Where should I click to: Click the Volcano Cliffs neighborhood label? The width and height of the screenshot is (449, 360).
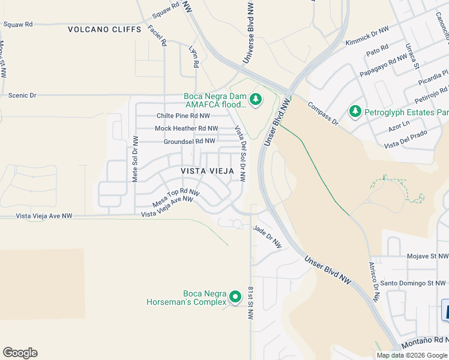coord(104,29)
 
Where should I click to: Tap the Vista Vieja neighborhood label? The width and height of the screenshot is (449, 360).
coord(207,171)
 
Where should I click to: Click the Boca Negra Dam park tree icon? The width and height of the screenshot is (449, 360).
coord(256,99)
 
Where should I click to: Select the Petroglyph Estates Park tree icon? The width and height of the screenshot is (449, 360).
coord(355,112)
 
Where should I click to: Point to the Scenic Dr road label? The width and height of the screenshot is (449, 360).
coord(22,95)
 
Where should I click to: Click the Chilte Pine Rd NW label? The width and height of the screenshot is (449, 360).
coord(183,116)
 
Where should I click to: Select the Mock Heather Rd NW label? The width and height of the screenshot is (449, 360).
coord(186,128)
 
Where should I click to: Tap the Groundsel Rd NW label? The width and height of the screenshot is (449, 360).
coord(189,142)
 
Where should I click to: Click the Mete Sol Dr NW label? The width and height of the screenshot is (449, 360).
coord(135,159)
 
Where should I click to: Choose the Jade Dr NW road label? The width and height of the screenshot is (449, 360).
coord(267,236)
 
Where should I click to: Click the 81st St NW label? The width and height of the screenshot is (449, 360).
coord(250,303)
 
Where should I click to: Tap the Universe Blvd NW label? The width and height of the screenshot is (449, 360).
coord(248,33)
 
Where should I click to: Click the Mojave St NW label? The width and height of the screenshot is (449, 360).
coord(427,256)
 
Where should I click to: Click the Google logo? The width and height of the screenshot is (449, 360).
coord(20,353)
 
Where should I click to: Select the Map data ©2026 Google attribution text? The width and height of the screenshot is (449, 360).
coord(412,355)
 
